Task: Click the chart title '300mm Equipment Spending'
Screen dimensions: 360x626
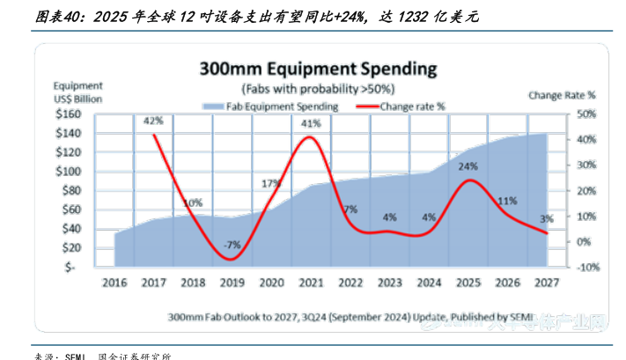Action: [x=318, y=68]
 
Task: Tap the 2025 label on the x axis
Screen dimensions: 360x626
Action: [x=469, y=283]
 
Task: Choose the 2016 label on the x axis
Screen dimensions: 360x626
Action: [x=114, y=283]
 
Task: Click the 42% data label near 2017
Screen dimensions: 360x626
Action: [x=152, y=121]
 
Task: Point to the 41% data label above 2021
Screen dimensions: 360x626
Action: [x=311, y=124]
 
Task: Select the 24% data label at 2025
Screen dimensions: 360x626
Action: [x=468, y=166]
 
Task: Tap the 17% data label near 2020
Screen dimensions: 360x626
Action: [x=271, y=184]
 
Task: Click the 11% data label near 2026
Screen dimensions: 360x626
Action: [x=507, y=201]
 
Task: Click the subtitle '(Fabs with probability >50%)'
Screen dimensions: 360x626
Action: [x=318, y=89]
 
